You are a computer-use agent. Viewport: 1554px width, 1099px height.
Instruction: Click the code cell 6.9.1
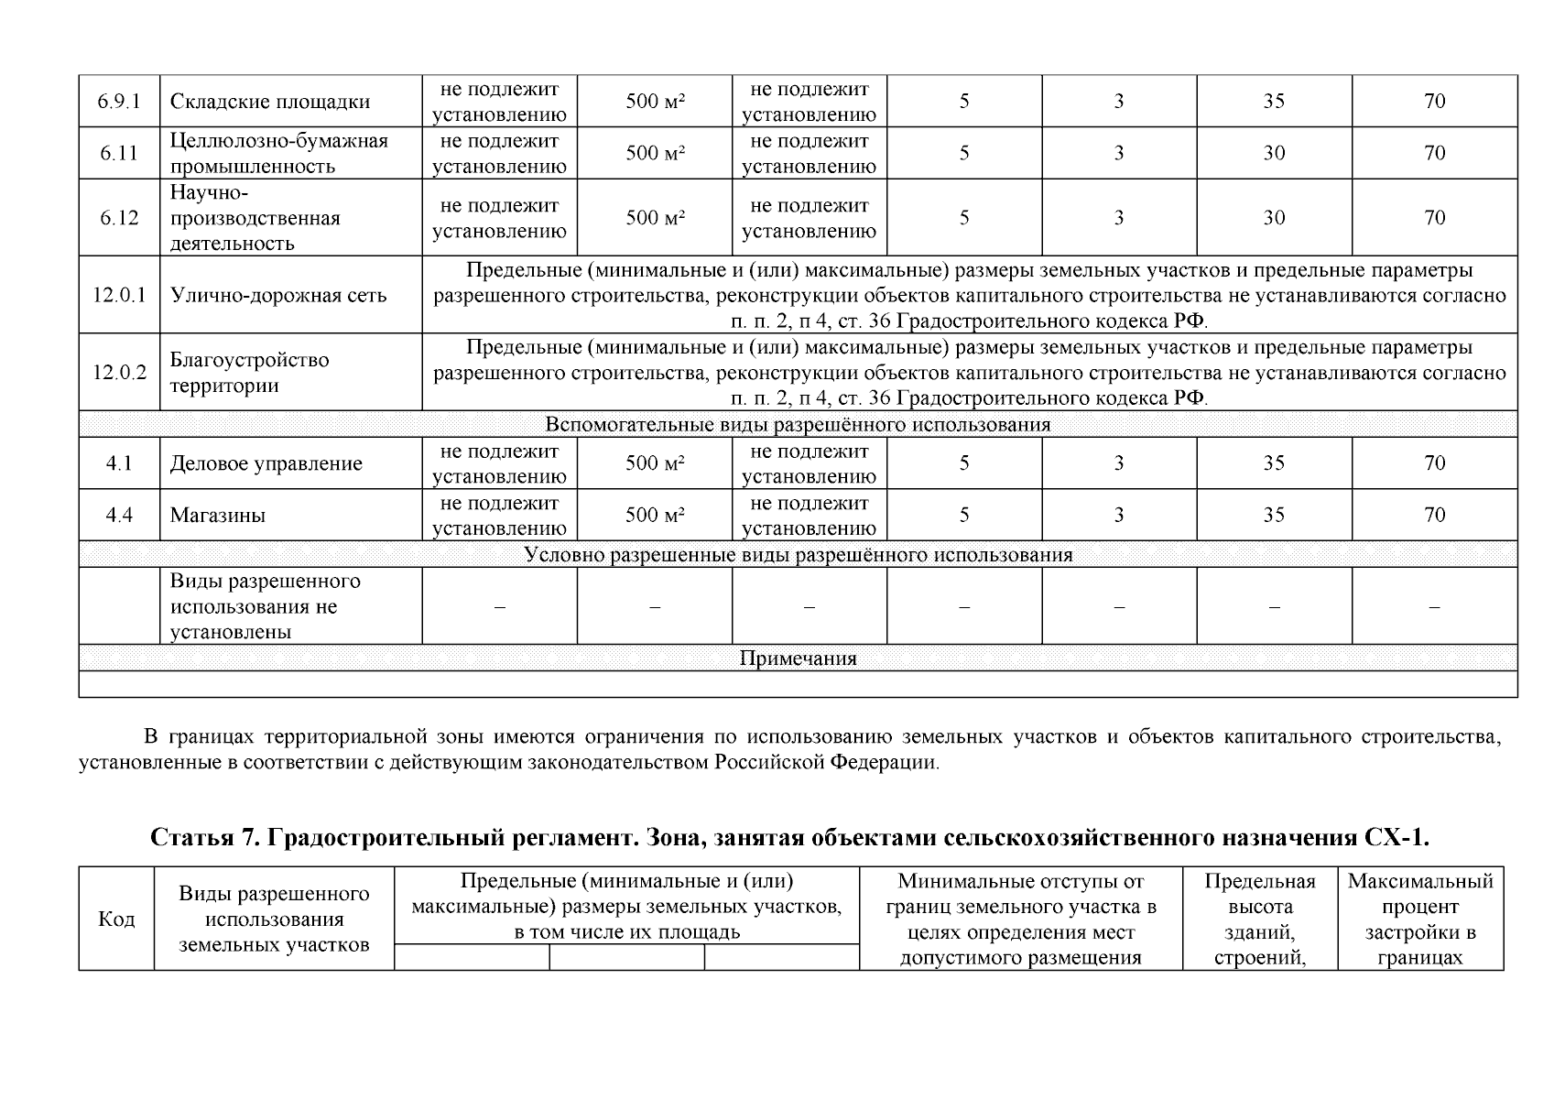click(119, 102)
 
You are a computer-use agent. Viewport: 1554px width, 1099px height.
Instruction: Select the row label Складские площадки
click(270, 102)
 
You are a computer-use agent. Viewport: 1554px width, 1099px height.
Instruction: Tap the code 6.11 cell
click(119, 153)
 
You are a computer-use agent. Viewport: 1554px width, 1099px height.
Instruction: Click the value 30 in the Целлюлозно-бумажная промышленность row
click(1274, 153)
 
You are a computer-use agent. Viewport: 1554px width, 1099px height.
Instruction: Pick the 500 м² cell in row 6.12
click(655, 218)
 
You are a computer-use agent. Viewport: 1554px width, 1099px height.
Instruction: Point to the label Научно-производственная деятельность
click(255, 218)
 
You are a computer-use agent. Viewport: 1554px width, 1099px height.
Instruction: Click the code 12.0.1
click(119, 295)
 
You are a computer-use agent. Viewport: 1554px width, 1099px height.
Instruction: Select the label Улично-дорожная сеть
click(278, 295)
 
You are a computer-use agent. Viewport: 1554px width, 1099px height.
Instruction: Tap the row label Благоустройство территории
click(249, 372)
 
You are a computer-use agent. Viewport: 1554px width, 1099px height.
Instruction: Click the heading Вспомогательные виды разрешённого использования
click(797, 425)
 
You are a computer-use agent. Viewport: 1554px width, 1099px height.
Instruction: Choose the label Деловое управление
click(266, 463)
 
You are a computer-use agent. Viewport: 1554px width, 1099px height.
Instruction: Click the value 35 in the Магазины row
click(1274, 515)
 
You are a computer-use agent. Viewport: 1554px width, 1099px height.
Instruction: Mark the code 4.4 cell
click(119, 515)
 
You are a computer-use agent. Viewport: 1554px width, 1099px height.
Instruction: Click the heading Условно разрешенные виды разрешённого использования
click(797, 555)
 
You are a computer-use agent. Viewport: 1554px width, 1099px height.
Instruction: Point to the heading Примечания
click(797, 658)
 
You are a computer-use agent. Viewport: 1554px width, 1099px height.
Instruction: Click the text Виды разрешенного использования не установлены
click(266, 606)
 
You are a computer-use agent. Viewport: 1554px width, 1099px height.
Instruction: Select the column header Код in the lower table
click(116, 919)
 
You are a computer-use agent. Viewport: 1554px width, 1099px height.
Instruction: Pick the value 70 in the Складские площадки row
click(1434, 102)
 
